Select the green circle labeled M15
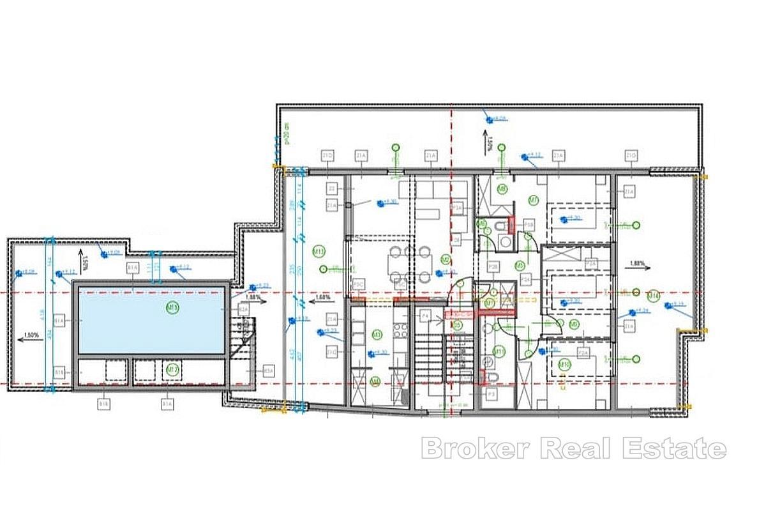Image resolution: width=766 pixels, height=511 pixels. pos(172,307)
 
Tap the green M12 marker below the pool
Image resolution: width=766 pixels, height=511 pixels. pos(172,369)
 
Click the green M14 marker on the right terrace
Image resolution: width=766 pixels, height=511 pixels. pos(653,295)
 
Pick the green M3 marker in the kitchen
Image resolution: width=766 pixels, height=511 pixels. pos(377,334)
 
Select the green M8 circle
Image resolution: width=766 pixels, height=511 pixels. pos(502,189)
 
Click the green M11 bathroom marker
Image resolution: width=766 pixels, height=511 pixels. pos(499,351)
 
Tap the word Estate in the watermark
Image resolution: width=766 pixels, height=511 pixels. pos(682,448)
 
